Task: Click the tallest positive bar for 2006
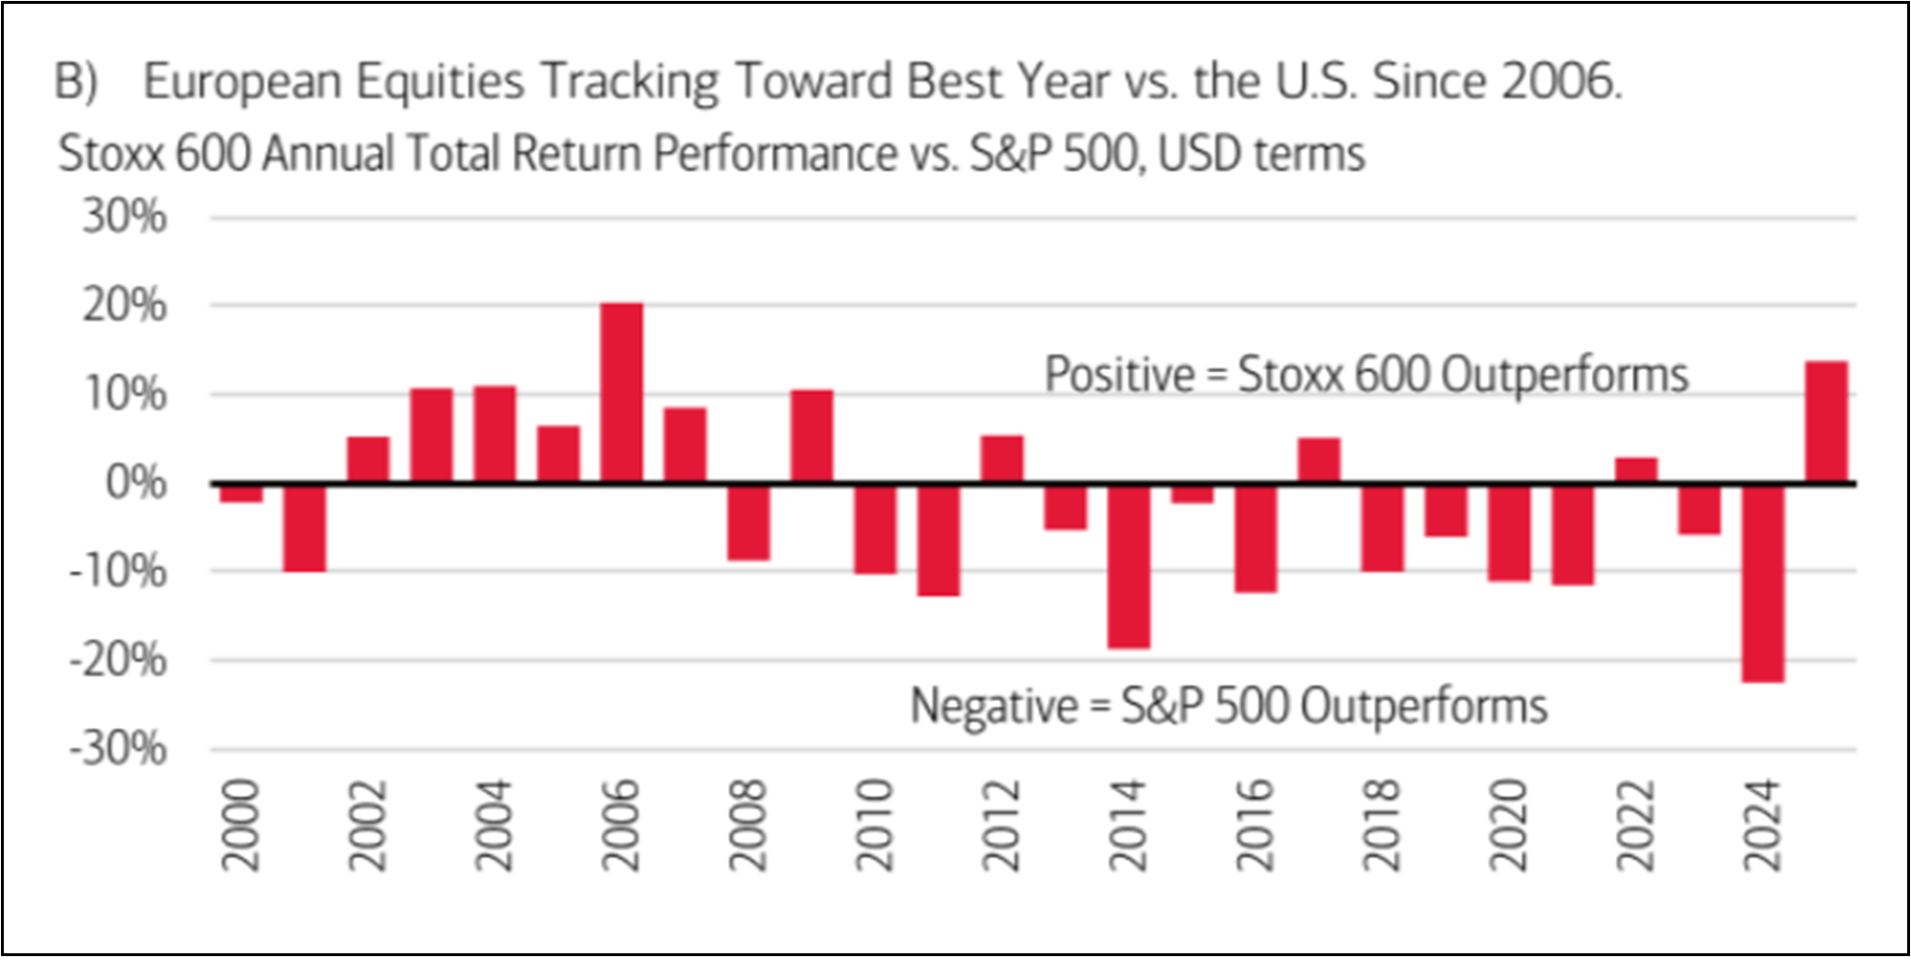(x=621, y=393)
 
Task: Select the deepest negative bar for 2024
(x=1762, y=583)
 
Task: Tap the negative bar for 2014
(x=1128, y=565)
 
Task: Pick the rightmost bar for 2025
(x=1826, y=422)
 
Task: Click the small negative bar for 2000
(x=241, y=493)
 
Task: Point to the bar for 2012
(x=1001, y=459)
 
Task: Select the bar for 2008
(x=748, y=522)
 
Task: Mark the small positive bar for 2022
(x=1636, y=471)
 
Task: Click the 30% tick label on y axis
(x=124, y=218)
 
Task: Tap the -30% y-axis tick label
(x=118, y=749)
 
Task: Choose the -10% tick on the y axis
(x=118, y=572)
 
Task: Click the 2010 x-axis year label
(x=875, y=824)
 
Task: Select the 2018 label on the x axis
(x=1382, y=824)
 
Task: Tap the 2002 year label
(x=368, y=824)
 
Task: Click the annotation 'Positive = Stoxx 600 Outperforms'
(x=1365, y=374)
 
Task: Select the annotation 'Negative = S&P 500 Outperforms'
(x=1228, y=707)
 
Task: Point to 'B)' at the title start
(x=76, y=81)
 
